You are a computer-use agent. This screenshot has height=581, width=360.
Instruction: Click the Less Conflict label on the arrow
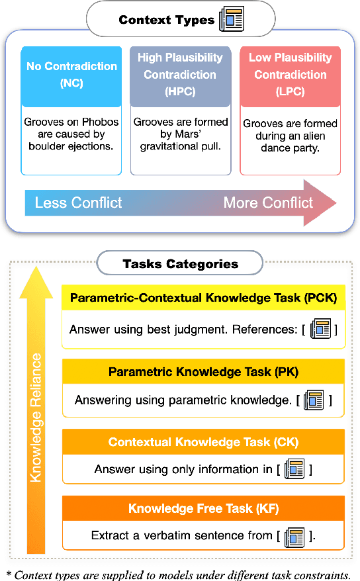click(78, 202)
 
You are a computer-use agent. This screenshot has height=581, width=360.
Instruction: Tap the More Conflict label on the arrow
click(268, 202)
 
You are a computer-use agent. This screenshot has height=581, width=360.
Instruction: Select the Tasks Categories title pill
click(180, 264)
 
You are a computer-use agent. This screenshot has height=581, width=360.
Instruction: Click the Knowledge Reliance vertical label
click(36, 417)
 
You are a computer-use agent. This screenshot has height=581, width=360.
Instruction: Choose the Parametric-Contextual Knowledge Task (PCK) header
click(203, 298)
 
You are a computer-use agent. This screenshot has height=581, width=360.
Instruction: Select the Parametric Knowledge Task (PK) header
click(203, 372)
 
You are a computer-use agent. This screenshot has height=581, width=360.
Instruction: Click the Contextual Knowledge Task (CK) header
click(203, 441)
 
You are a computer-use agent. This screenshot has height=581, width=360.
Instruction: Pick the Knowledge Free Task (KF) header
click(203, 508)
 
